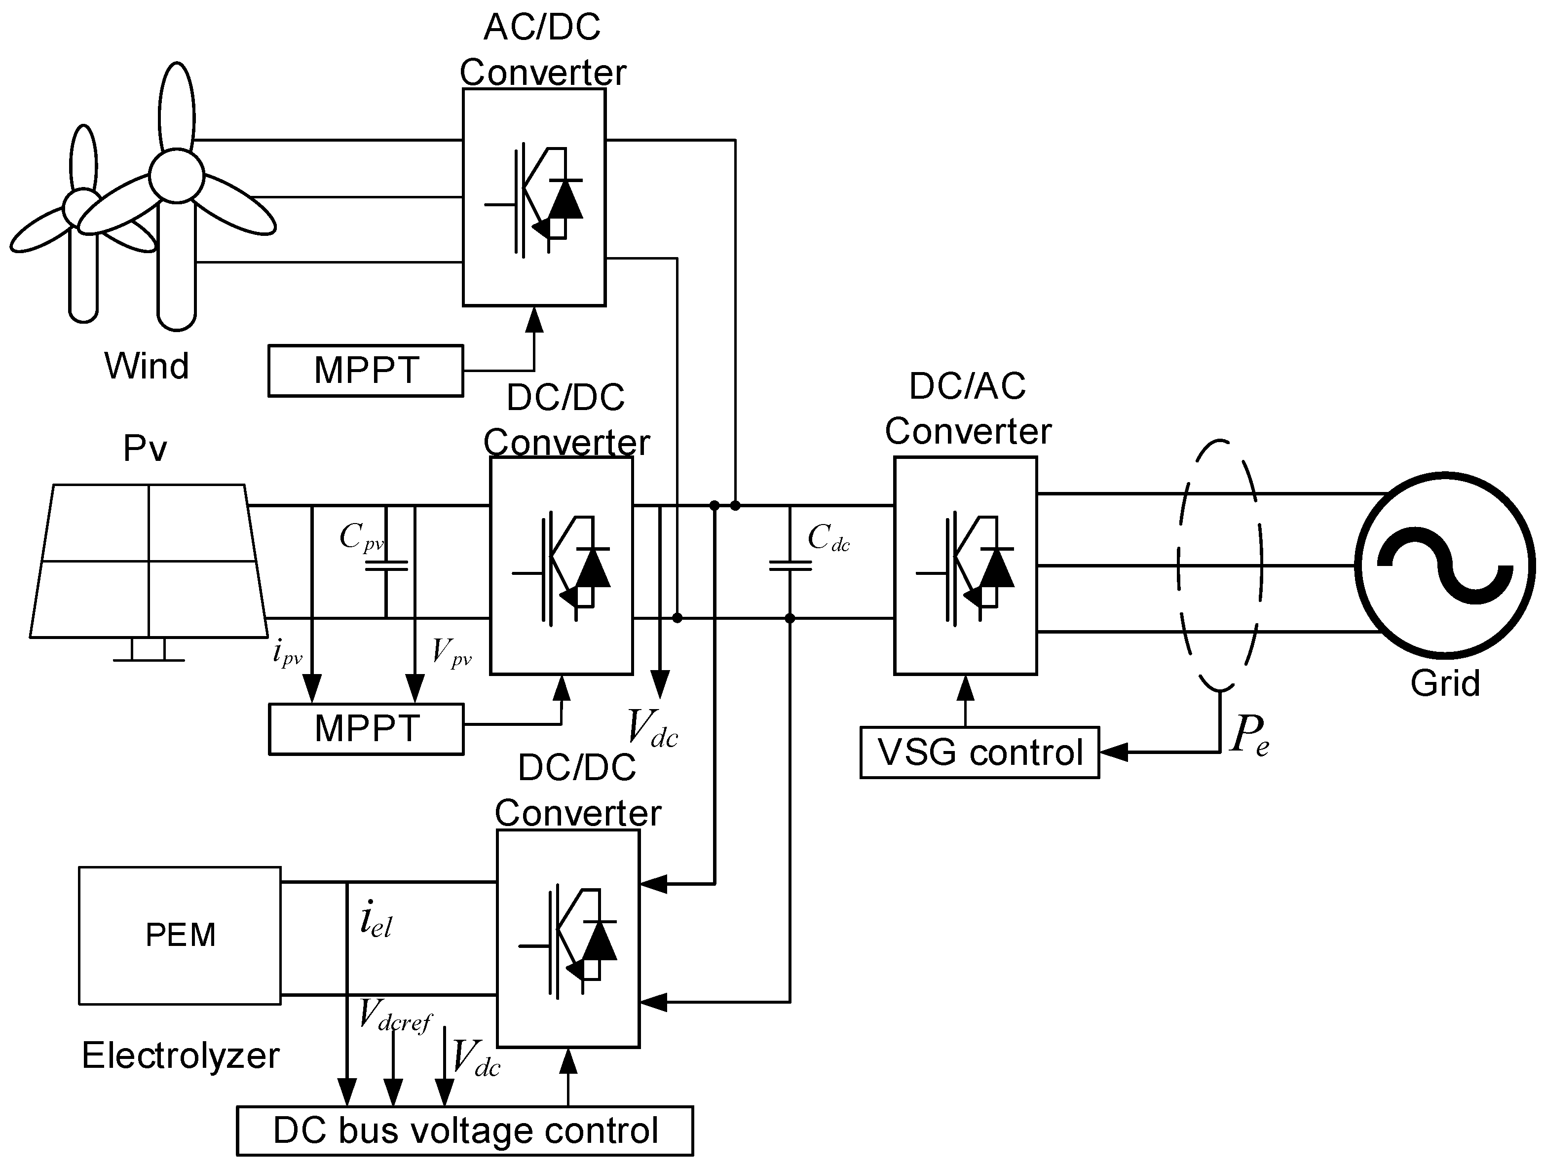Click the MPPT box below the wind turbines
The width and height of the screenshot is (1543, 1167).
tap(366, 371)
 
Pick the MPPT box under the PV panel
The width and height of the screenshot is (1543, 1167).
tap(366, 729)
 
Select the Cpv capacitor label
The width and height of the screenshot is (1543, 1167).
tap(361, 537)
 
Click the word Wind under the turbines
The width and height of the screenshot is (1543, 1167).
tap(147, 366)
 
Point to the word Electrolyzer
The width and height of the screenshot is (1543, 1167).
tap(180, 1054)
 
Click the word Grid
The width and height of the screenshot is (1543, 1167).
tap(1445, 683)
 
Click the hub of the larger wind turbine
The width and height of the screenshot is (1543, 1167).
tap(177, 176)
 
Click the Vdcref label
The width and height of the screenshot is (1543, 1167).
tap(395, 1016)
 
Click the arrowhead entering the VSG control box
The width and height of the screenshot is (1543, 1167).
tap(1113, 752)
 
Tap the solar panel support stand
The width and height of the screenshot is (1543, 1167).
tap(149, 650)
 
